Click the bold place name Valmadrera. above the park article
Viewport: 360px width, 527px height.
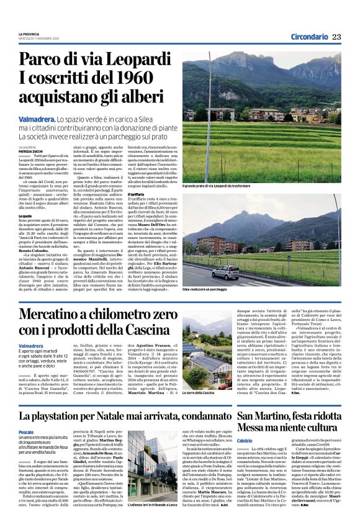pyautogui.click(x=37, y=118)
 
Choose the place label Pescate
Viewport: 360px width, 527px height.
pyautogui.click(x=27, y=431)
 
